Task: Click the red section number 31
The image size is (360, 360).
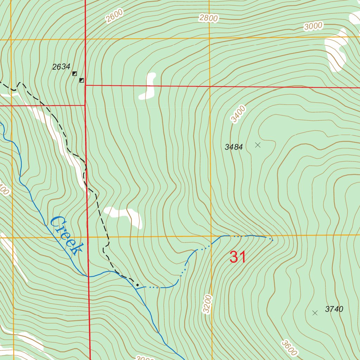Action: (x=238, y=257)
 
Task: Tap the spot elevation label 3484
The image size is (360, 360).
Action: (x=234, y=147)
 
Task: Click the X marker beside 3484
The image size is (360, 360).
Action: (x=258, y=145)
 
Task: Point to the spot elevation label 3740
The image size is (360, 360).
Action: (x=334, y=309)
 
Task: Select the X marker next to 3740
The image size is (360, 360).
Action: (x=315, y=313)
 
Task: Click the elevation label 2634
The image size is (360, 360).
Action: (x=61, y=67)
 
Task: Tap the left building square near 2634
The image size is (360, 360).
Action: (x=75, y=73)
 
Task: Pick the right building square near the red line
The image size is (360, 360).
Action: (x=82, y=81)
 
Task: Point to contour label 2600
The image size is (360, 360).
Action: (x=115, y=16)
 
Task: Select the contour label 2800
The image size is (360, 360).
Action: (x=208, y=18)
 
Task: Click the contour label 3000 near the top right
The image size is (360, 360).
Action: (x=314, y=26)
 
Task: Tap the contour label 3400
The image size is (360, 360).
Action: (x=238, y=114)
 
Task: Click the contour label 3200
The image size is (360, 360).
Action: (x=208, y=304)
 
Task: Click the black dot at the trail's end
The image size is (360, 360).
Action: (x=137, y=285)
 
